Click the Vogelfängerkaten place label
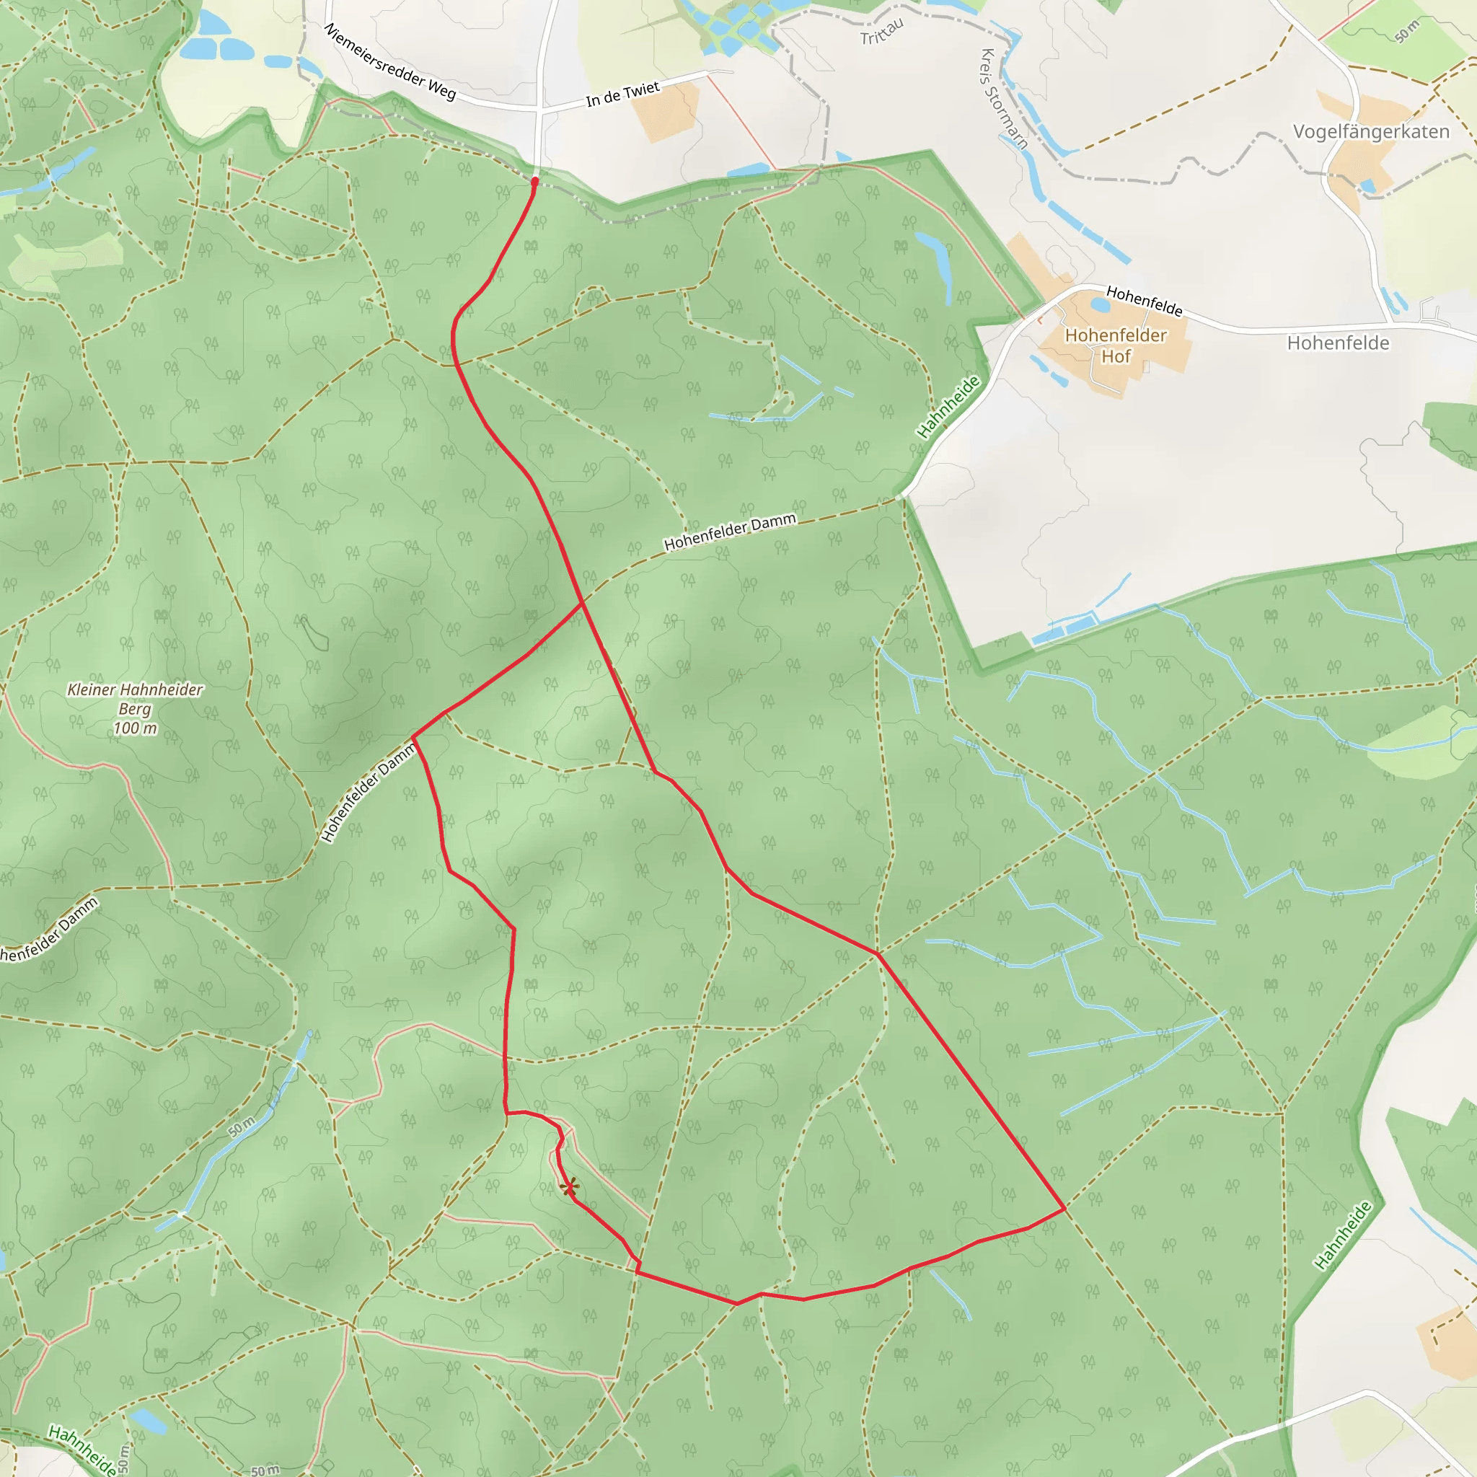pyautogui.click(x=1371, y=131)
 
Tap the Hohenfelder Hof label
pyautogui.click(x=1116, y=345)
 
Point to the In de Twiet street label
pyautogui.click(x=622, y=93)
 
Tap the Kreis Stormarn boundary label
pyautogui.click(x=1004, y=99)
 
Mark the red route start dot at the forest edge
pyautogui.click(x=535, y=181)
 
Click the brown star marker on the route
pyautogui.click(x=569, y=1187)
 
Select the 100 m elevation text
pyautogui.click(x=135, y=728)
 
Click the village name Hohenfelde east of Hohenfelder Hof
pyautogui.click(x=1338, y=343)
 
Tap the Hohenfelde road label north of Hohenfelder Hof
pyautogui.click(x=1144, y=301)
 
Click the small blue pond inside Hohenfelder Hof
pyautogui.click(x=1101, y=305)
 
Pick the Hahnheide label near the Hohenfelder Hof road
pyautogui.click(x=949, y=407)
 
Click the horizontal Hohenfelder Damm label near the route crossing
pyautogui.click(x=729, y=532)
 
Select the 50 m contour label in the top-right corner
pyautogui.click(x=1406, y=31)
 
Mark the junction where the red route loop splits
pyautogui.click(x=583, y=603)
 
